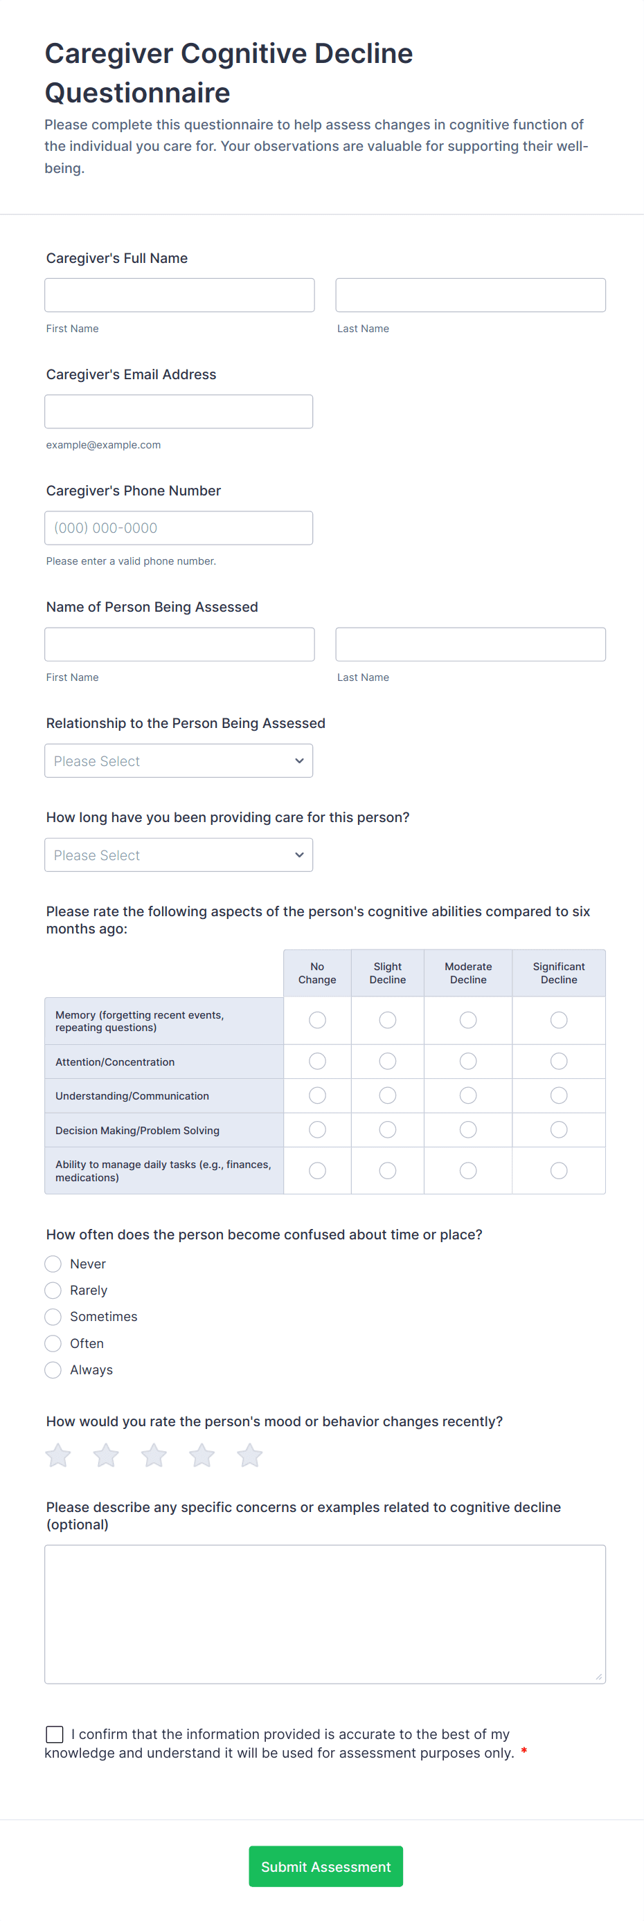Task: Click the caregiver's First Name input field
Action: click(x=179, y=295)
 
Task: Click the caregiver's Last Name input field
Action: click(x=470, y=295)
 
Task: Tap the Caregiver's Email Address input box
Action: click(x=179, y=412)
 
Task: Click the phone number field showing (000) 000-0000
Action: click(x=179, y=528)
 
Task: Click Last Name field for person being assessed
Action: click(x=470, y=644)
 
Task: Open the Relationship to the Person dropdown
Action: click(x=179, y=761)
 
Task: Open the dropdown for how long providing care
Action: click(x=179, y=855)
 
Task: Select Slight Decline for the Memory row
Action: click(x=387, y=1020)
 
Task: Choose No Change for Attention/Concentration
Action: click(x=317, y=1061)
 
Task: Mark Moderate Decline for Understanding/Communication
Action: click(x=468, y=1095)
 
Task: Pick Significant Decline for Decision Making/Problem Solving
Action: click(x=558, y=1130)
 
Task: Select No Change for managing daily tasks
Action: click(x=317, y=1171)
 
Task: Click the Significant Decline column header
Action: click(x=558, y=973)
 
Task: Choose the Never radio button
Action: click(x=53, y=1264)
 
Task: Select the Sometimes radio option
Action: click(x=53, y=1317)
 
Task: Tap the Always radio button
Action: click(x=53, y=1370)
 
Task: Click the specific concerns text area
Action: click(x=325, y=1614)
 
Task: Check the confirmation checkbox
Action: click(x=55, y=1735)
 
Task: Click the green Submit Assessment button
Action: click(x=325, y=1866)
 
